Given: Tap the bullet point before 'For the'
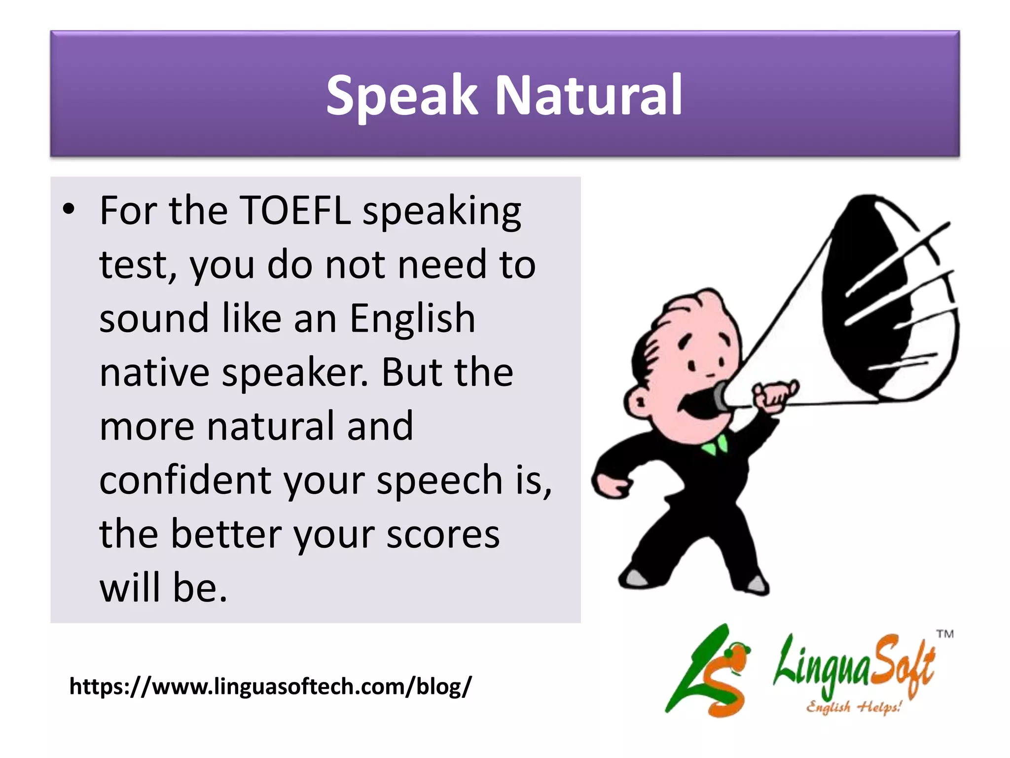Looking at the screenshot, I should coord(69,209).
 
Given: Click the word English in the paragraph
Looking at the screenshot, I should coord(412,318).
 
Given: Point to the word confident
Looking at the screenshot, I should coord(185,480).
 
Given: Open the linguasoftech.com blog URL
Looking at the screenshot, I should coord(270,686).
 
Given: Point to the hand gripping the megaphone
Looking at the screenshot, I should coord(774,395).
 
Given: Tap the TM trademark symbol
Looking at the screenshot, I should coord(945,634).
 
